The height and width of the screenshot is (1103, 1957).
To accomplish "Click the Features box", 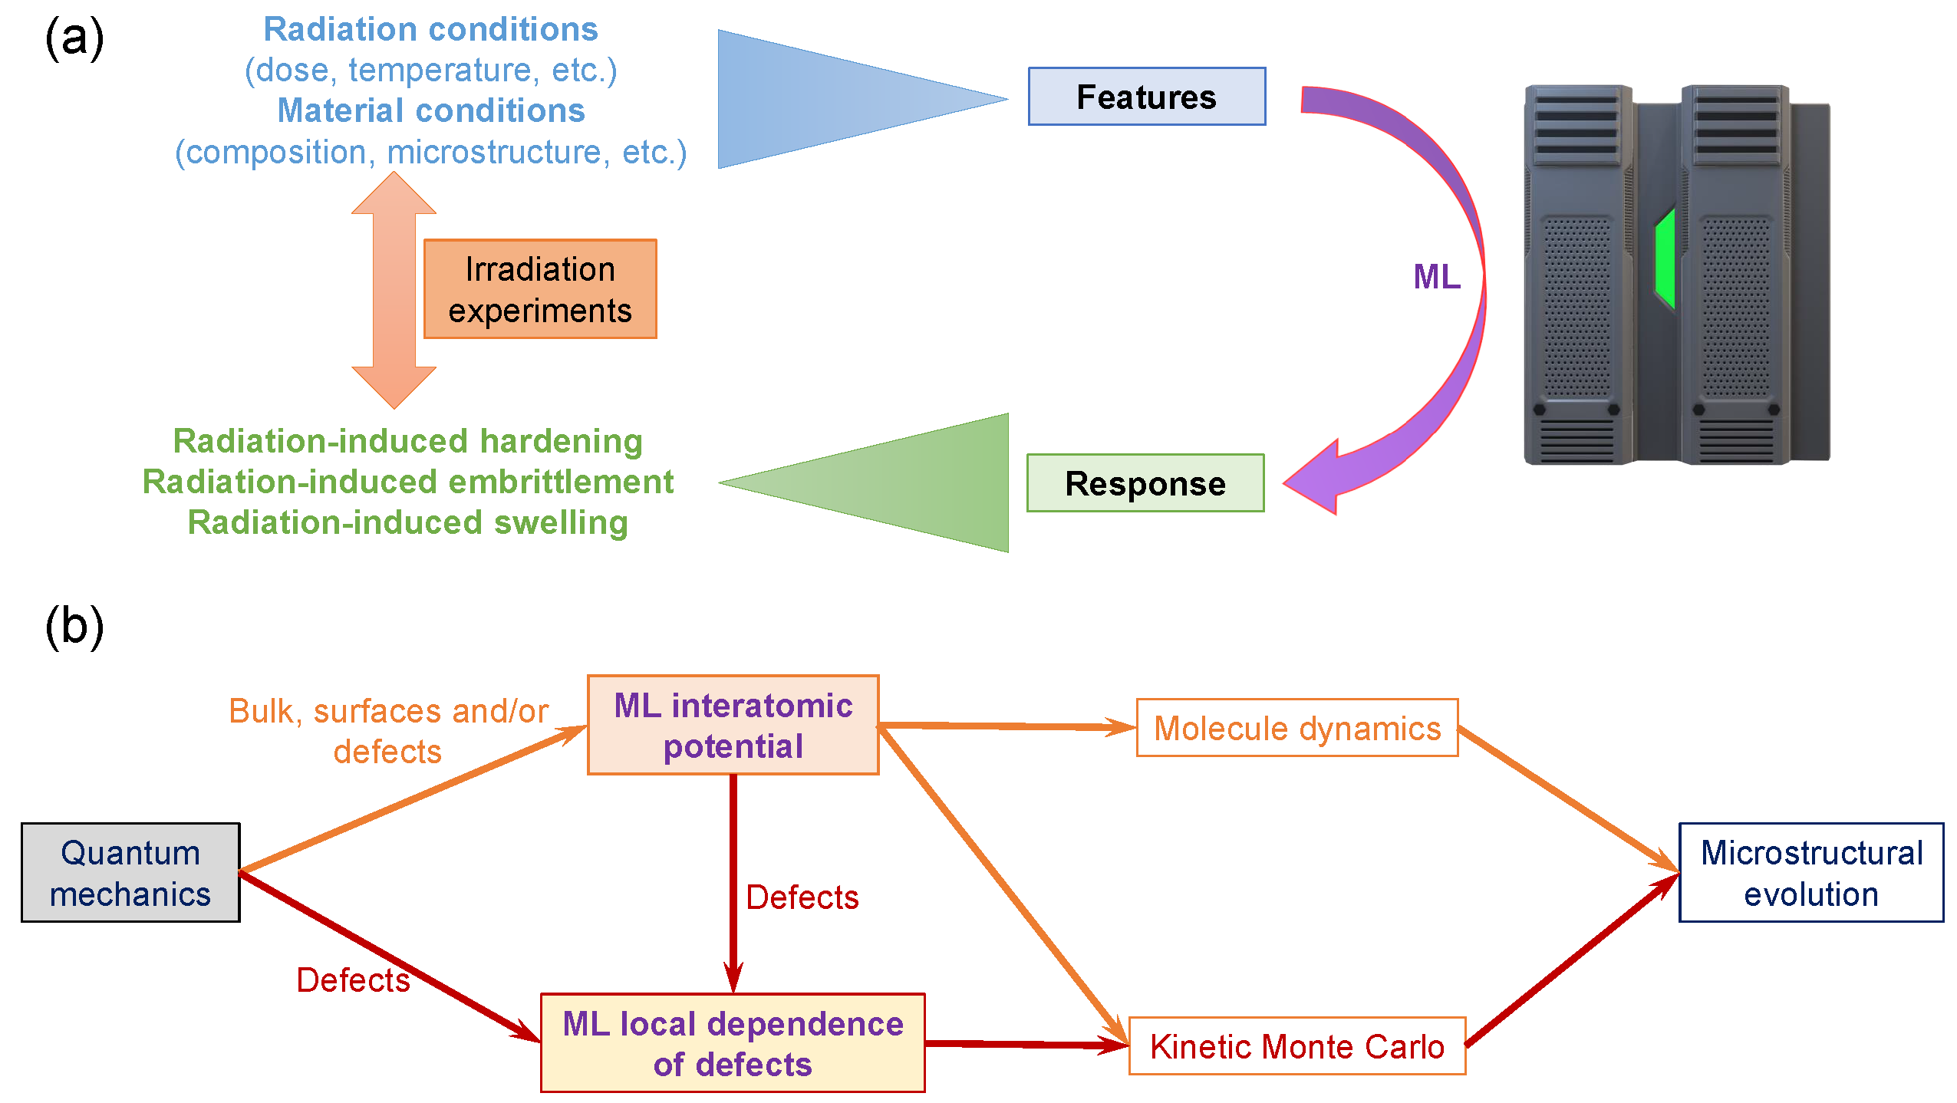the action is (1146, 97).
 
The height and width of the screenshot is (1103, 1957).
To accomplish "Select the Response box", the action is (1145, 483).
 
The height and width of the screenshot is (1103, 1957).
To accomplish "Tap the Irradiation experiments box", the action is (540, 289).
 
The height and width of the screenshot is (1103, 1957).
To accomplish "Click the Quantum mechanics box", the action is (130, 873).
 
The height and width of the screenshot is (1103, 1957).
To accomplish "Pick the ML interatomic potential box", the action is (733, 726).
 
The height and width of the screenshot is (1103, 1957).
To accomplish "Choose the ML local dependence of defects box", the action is (733, 1043).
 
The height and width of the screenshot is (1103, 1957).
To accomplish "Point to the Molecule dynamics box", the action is (1297, 728).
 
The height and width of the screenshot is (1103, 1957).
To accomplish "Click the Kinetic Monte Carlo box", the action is (1297, 1046).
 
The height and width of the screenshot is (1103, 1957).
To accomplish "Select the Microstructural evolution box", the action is (1811, 873).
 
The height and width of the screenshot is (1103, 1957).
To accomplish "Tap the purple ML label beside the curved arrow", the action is (1437, 277).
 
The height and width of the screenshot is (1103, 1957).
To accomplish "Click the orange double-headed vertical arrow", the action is (394, 290).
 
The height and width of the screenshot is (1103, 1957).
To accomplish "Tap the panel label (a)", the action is (74, 38).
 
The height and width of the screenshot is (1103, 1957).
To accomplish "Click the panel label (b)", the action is (74, 627).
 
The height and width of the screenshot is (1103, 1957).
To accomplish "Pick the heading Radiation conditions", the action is (430, 29).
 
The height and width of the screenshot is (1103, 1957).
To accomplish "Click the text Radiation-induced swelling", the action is (408, 523).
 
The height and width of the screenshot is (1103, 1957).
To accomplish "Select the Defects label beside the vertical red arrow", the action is (802, 897).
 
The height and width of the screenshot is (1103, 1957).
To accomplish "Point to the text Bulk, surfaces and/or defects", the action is (389, 731).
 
